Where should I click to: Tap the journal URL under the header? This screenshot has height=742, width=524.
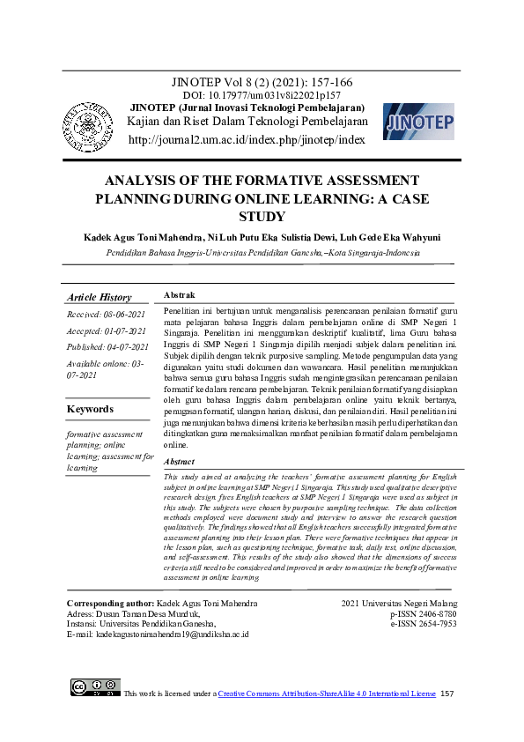tap(246, 139)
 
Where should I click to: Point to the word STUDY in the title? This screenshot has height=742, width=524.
tap(262, 217)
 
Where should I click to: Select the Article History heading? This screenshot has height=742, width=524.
tap(99, 298)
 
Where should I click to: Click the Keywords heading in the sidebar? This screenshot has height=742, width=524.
tap(90, 409)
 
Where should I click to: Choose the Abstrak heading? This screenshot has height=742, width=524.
tap(180, 295)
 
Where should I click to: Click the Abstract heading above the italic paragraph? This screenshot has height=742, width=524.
tap(180, 461)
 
